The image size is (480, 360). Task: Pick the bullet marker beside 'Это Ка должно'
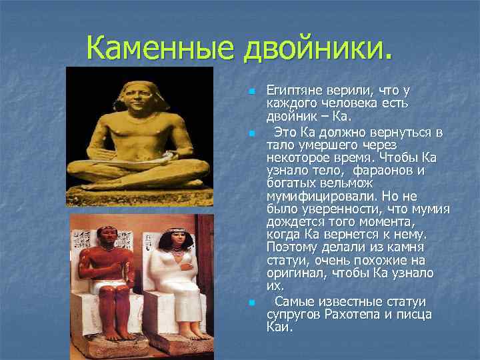coord(251,134)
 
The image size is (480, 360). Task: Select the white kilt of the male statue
coord(107,288)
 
